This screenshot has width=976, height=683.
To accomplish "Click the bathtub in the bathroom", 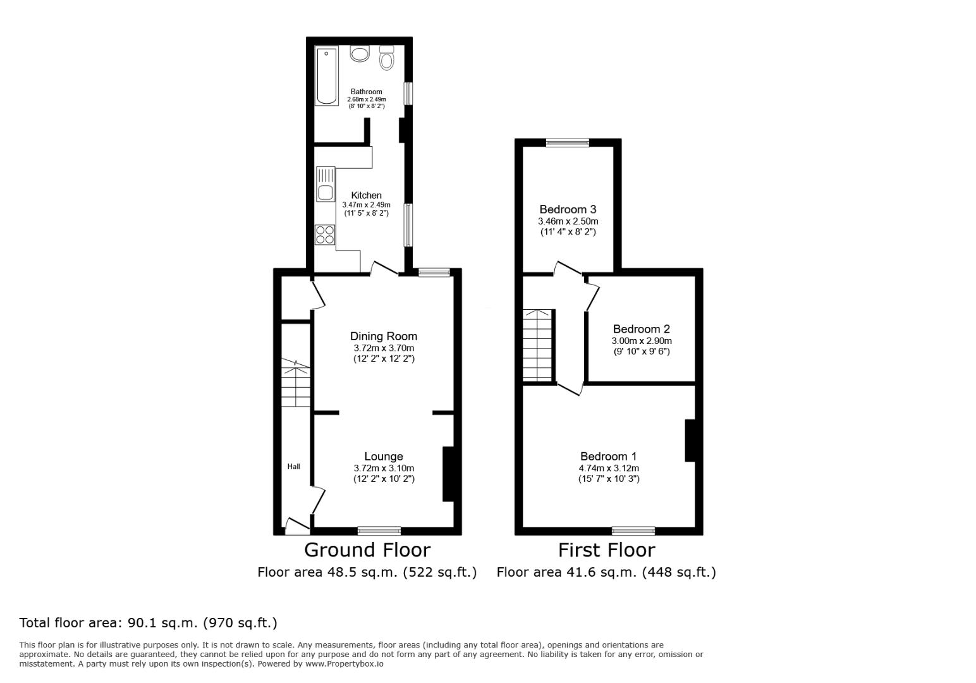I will (x=327, y=75).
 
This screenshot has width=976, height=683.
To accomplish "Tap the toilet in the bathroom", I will (x=387, y=58).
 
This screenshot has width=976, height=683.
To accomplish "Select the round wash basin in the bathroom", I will (x=360, y=54).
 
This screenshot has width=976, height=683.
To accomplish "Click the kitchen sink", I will (x=326, y=192).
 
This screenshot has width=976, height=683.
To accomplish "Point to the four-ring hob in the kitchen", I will (x=326, y=235).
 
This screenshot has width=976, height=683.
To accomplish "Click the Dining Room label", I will (x=384, y=336).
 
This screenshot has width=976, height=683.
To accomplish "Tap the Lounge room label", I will (x=384, y=457).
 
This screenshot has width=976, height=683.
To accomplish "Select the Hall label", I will (x=294, y=467).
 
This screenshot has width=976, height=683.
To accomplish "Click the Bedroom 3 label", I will (x=568, y=209).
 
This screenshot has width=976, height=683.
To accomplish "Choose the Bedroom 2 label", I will (x=641, y=329).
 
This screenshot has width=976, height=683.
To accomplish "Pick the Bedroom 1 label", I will (x=608, y=457).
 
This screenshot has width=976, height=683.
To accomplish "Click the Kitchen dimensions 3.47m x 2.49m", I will (x=366, y=205).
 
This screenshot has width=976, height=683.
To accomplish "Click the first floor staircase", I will (x=538, y=345).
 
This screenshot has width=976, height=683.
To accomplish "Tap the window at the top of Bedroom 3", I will (x=568, y=143).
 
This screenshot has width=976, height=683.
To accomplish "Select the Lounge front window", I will (x=379, y=531).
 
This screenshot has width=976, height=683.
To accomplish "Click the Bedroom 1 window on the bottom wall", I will (x=633, y=531).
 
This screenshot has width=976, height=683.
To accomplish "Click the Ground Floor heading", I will (x=367, y=550).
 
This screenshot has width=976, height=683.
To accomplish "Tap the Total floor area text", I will (x=149, y=623).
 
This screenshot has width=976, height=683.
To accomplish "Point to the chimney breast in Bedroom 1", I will (x=690, y=440).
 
